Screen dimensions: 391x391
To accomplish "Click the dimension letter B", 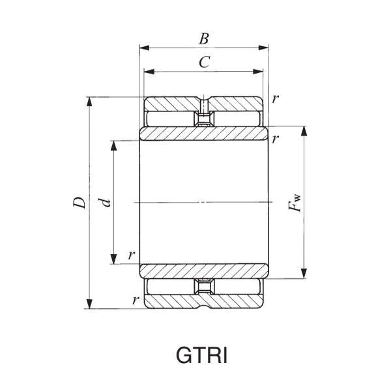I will [204, 38].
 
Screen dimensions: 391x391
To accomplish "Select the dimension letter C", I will [204, 63].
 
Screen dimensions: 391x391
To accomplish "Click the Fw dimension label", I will [295, 203].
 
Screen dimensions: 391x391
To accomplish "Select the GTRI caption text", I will [203, 357].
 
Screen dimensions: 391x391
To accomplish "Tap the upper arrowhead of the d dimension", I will [114, 144].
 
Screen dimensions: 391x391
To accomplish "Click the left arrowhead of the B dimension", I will [144, 48].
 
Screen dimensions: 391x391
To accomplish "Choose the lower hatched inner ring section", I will [203, 270].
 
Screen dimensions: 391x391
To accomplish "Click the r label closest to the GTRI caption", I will [135, 300].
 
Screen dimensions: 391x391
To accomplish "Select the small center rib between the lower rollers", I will [204, 287].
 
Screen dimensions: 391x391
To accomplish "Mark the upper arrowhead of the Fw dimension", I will [304, 131].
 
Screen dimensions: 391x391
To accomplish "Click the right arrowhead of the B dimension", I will [265, 48].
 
